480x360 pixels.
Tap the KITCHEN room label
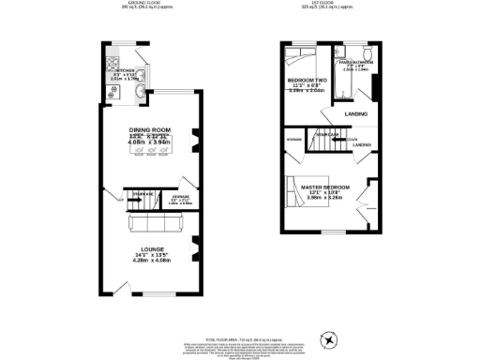(x=126, y=71)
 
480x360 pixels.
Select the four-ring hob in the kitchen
(x=113, y=67)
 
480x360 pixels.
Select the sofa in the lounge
(x=150, y=223)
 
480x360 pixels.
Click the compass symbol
(x=327, y=338)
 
